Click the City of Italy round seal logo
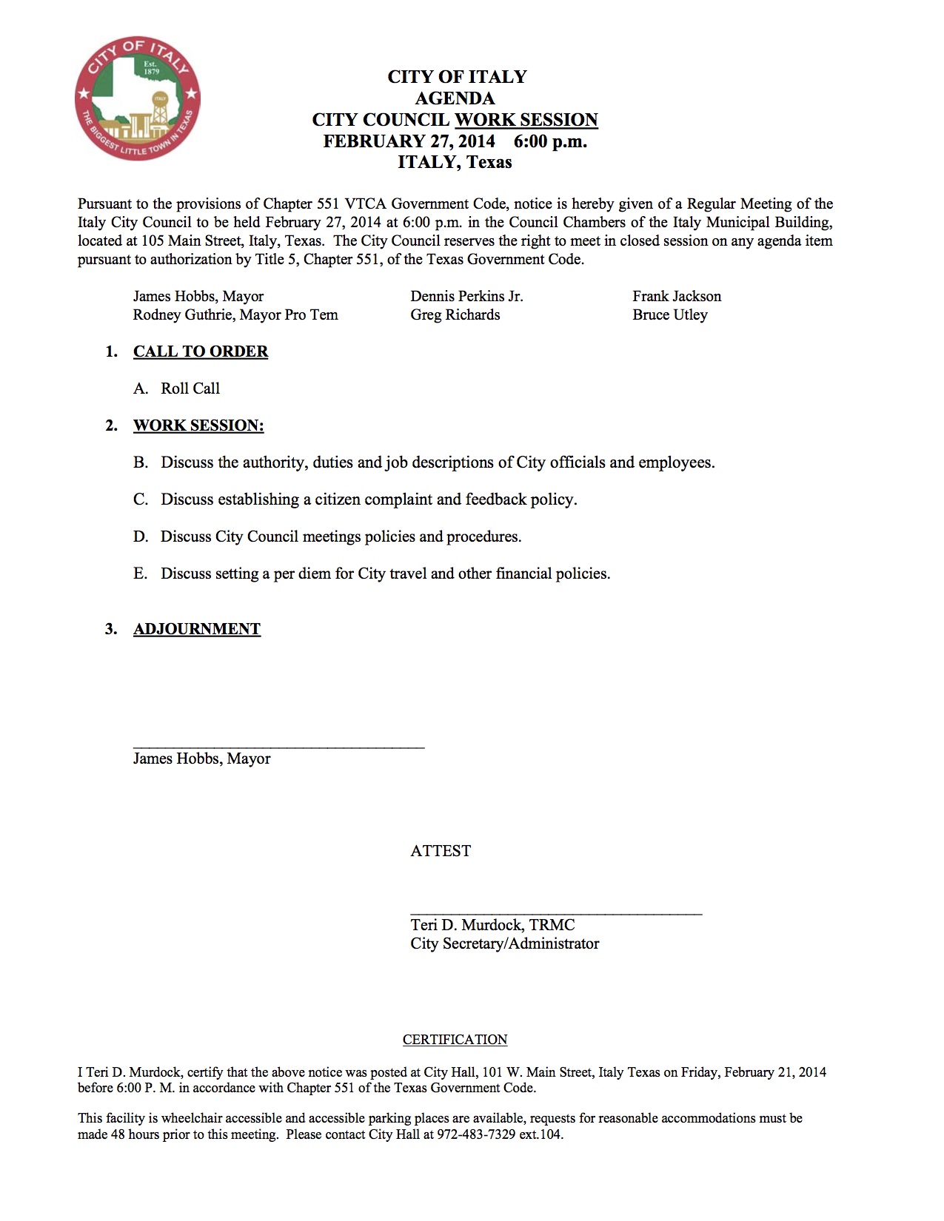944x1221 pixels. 138,98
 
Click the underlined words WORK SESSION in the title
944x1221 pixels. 526,120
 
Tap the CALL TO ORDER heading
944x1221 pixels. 201,351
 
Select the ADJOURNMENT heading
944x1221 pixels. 197,629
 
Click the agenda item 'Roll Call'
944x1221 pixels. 190,388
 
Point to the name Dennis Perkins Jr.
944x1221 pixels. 466,296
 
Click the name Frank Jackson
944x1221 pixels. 677,296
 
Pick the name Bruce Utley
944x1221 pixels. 670,314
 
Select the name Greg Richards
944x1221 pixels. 455,314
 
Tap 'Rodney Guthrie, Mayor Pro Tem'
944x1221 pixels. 235,314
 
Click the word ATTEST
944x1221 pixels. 441,851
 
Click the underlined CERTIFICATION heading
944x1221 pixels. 455,1040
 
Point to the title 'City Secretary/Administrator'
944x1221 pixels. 505,943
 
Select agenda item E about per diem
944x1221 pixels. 385,573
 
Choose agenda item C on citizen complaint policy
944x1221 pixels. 369,499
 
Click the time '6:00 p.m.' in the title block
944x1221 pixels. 550,141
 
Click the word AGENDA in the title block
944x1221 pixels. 455,98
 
